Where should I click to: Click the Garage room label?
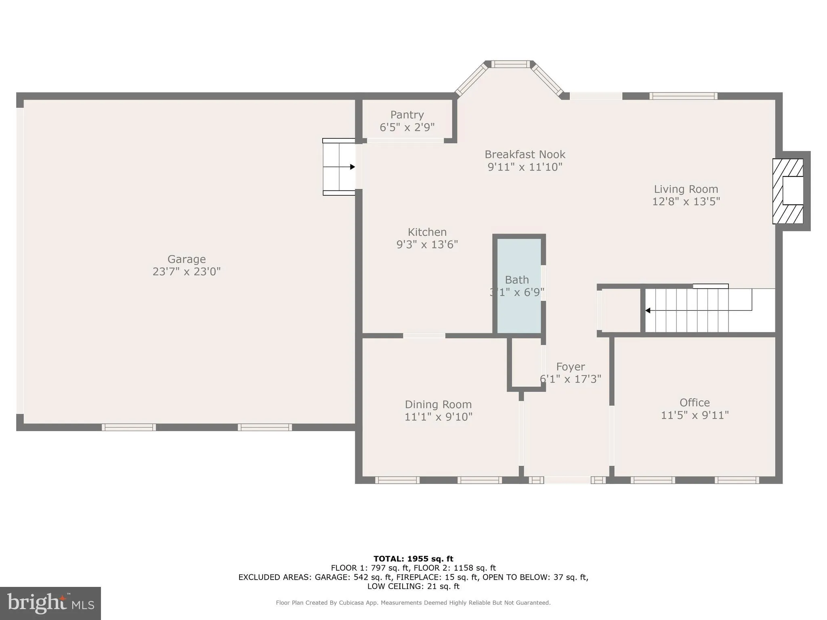coord(187,259)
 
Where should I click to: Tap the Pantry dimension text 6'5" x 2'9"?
coord(407,128)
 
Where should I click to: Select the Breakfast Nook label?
coord(525,155)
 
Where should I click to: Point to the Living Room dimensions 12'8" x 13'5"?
coord(686,201)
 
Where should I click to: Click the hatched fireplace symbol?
coord(787,191)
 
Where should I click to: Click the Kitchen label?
coord(427,232)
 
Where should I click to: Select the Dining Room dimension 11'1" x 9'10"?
coord(439,417)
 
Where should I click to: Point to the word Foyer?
coord(570,367)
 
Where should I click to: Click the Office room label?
coord(695,402)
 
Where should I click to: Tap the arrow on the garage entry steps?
coord(352,167)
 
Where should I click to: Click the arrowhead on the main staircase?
coord(648,310)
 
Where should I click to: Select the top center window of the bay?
coord(510,64)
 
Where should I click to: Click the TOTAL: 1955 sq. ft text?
coord(413,559)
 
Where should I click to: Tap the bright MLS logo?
coord(50,603)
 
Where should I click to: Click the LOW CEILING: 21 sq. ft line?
coord(413,586)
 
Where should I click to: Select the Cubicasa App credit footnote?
coord(413,603)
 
